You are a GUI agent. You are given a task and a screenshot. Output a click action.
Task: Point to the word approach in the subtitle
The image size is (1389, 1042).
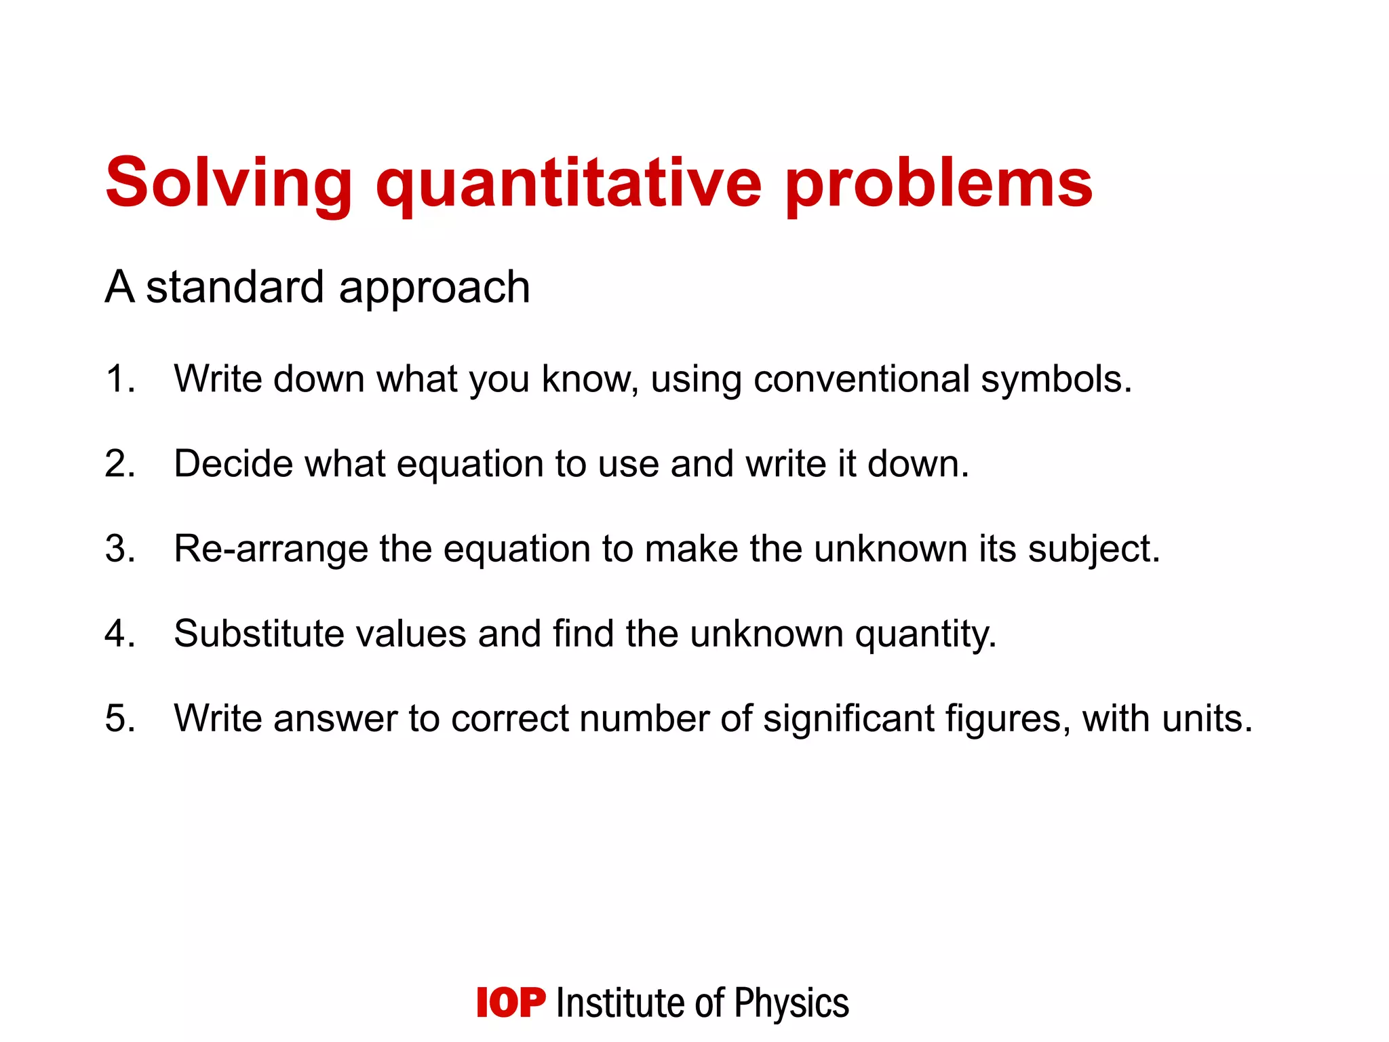434,288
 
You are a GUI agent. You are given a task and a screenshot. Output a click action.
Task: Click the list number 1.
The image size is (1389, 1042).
119,379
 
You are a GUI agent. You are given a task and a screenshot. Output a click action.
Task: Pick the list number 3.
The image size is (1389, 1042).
119,548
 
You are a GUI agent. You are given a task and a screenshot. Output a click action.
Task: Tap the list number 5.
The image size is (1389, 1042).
119,718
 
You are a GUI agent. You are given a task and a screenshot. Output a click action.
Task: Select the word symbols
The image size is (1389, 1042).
1055,379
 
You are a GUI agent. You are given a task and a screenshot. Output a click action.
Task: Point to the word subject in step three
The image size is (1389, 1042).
1093,548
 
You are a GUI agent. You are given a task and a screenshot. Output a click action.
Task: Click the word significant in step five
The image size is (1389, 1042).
848,718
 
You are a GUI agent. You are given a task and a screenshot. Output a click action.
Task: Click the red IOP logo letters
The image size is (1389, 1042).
511,1003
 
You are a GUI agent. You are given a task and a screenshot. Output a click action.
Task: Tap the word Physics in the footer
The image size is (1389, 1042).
791,1003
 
